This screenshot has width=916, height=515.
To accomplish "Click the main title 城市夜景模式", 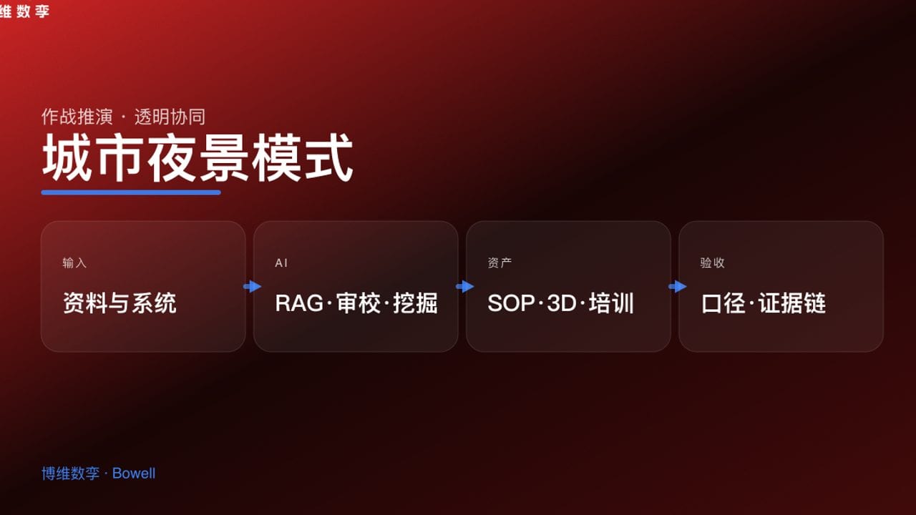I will tap(198, 158).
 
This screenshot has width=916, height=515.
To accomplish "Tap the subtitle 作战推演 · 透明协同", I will tap(123, 117).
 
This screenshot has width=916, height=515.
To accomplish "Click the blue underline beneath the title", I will tap(131, 192).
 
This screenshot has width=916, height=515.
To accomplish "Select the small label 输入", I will tap(74, 263).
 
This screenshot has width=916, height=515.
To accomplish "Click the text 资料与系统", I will tap(120, 303).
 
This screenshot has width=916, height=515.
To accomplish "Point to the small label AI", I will tap(281, 263).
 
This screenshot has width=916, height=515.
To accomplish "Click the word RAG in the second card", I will tap(299, 303).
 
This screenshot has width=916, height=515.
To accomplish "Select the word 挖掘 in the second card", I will tap(415, 303).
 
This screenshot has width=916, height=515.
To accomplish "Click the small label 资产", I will tap(500, 263).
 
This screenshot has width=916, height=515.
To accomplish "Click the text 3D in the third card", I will tap(561, 303).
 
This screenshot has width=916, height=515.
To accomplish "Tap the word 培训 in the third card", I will tap(611, 303).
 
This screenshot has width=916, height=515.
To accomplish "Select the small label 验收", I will tap(712, 263).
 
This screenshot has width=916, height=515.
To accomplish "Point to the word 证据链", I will tap(792, 303).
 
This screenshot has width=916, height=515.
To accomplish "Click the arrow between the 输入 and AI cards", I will tap(253, 286).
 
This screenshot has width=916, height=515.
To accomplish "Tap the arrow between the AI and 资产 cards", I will tap(465, 286).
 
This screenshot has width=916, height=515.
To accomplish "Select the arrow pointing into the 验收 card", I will tap(678, 286).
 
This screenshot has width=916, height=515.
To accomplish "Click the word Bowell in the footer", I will tap(134, 474).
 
